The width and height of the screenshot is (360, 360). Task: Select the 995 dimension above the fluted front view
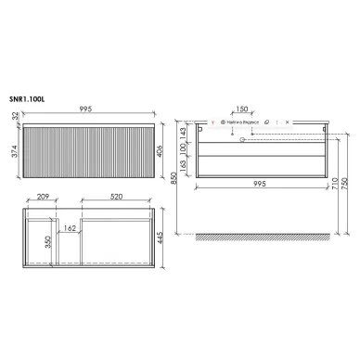[97, 109]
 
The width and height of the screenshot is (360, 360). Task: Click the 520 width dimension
[119, 198]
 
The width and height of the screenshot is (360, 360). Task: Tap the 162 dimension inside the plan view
[69, 227]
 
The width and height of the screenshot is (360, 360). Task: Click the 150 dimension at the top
[243, 109]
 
